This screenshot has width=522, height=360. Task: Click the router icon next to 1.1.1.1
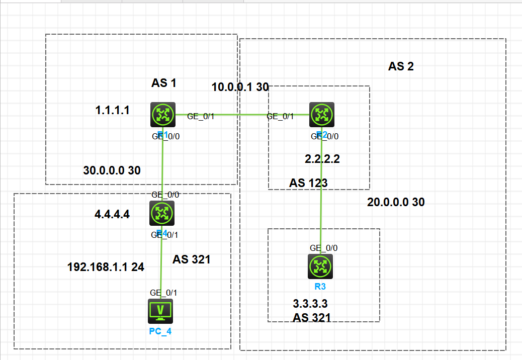click(x=162, y=115)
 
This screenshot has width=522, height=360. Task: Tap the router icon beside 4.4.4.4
click(x=162, y=213)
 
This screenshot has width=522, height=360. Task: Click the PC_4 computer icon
click(x=160, y=311)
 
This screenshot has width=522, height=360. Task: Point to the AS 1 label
click(x=164, y=83)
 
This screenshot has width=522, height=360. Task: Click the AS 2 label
click(x=401, y=66)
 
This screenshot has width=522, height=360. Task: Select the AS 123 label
click(x=308, y=183)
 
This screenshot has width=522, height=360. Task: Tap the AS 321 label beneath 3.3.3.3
click(x=312, y=317)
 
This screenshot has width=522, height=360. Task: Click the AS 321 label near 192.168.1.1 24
click(x=192, y=259)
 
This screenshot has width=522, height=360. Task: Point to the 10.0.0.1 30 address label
click(x=240, y=87)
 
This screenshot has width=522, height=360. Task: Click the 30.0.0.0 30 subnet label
click(x=112, y=170)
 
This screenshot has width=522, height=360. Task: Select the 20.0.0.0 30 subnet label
click(x=396, y=202)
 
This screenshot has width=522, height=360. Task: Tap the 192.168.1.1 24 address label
click(x=106, y=267)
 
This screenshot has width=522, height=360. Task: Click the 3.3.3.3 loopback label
click(x=310, y=304)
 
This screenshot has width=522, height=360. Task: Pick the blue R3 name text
click(x=320, y=287)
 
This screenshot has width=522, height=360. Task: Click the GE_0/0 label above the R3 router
click(x=323, y=248)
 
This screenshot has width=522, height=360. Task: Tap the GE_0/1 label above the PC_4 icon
click(x=163, y=293)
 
